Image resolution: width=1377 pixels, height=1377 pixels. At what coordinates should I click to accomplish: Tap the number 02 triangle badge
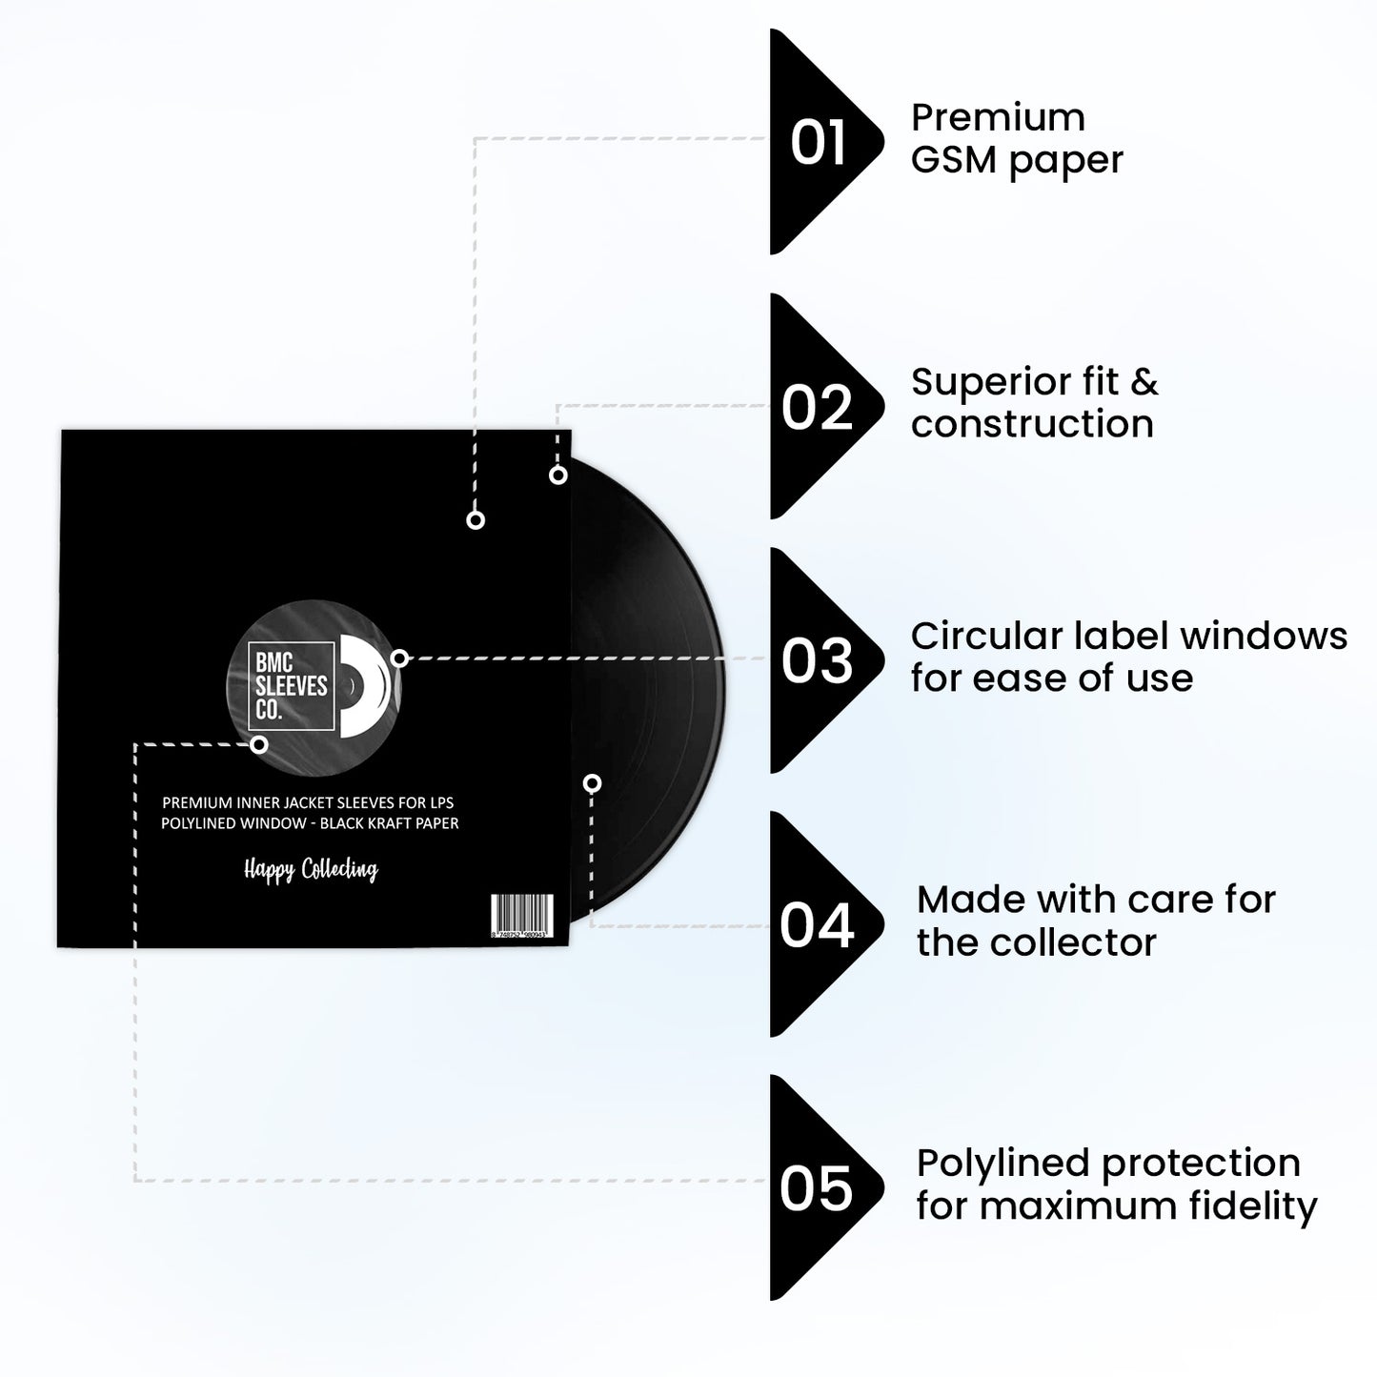point(817,407)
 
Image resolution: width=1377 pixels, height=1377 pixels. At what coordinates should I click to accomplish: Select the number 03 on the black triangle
point(817,660)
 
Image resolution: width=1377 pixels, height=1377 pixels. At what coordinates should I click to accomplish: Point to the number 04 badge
point(817,925)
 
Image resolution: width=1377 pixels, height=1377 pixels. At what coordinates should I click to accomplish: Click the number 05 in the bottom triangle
point(816,1188)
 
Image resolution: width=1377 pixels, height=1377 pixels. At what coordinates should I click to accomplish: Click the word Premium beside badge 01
point(998,118)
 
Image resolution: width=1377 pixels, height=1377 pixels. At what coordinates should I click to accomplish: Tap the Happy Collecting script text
point(311,869)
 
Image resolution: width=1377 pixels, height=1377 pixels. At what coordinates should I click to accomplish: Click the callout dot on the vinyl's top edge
point(558,475)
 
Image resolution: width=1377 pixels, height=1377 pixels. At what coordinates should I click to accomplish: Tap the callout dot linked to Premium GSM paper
point(476,519)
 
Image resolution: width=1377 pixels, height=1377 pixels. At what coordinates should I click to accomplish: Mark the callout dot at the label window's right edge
point(400,658)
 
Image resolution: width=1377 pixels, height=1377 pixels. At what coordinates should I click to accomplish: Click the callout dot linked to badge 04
point(592,783)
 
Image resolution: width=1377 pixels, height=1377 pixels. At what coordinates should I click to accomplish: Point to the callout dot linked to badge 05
point(258,744)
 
